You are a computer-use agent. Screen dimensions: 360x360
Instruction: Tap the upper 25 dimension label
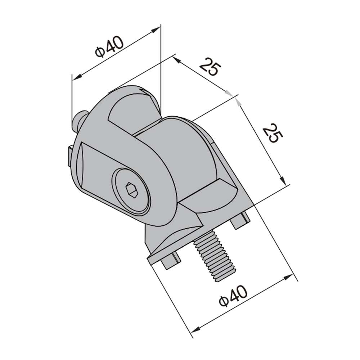[x=209, y=67]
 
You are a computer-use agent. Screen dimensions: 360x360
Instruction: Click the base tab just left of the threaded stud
[x=170, y=261]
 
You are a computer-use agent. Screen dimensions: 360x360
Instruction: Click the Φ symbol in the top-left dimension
[x=100, y=53]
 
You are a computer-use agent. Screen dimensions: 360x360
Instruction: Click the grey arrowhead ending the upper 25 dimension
[x=228, y=93]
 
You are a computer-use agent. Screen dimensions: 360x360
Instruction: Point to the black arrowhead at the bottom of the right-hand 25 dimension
[x=284, y=180]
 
